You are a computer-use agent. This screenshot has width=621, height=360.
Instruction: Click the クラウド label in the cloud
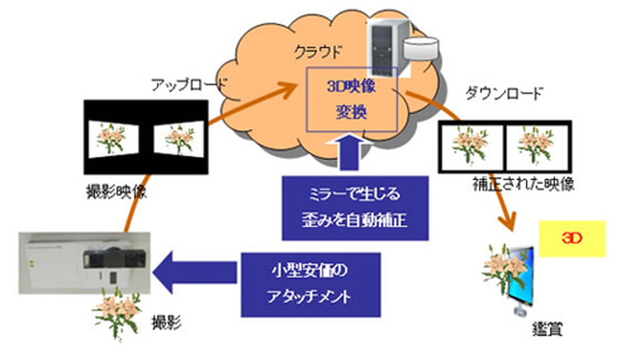(317, 52)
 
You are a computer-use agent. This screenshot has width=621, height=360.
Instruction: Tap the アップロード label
(188, 84)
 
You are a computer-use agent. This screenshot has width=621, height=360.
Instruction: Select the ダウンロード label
(504, 94)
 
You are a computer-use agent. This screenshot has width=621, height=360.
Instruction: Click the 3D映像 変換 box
(352, 99)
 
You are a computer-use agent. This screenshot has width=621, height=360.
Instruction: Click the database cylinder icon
(421, 48)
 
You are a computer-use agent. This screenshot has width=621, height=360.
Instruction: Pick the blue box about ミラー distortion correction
(355, 208)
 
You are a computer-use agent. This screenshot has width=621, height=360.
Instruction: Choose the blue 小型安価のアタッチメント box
(311, 284)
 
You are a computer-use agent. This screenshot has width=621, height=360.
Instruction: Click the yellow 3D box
(572, 238)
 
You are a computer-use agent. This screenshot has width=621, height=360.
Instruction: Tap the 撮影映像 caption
(117, 192)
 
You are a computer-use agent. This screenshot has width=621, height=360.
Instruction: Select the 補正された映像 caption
(523, 184)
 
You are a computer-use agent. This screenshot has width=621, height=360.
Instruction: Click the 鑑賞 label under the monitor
(548, 330)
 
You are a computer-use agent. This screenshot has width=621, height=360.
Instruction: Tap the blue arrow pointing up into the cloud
(349, 152)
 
